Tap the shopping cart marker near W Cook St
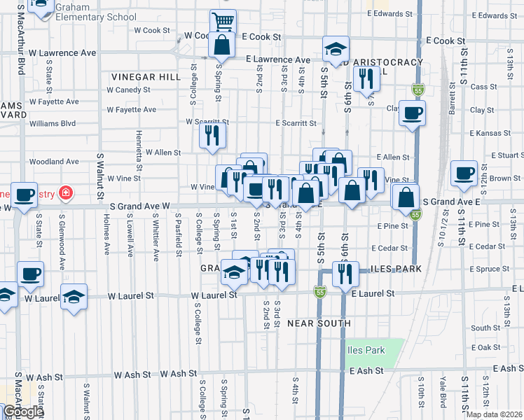[x=223, y=21]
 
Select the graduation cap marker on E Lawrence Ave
[x=336, y=50]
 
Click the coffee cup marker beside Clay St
[x=412, y=113]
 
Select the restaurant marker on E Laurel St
[x=345, y=275]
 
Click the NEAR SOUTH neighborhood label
[x=319, y=323]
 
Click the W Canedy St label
[x=128, y=90]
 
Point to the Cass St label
[x=483, y=87]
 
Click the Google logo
[x=23, y=412]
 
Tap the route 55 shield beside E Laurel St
[x=319, y=292]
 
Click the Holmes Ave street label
[x=106, y=234]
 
